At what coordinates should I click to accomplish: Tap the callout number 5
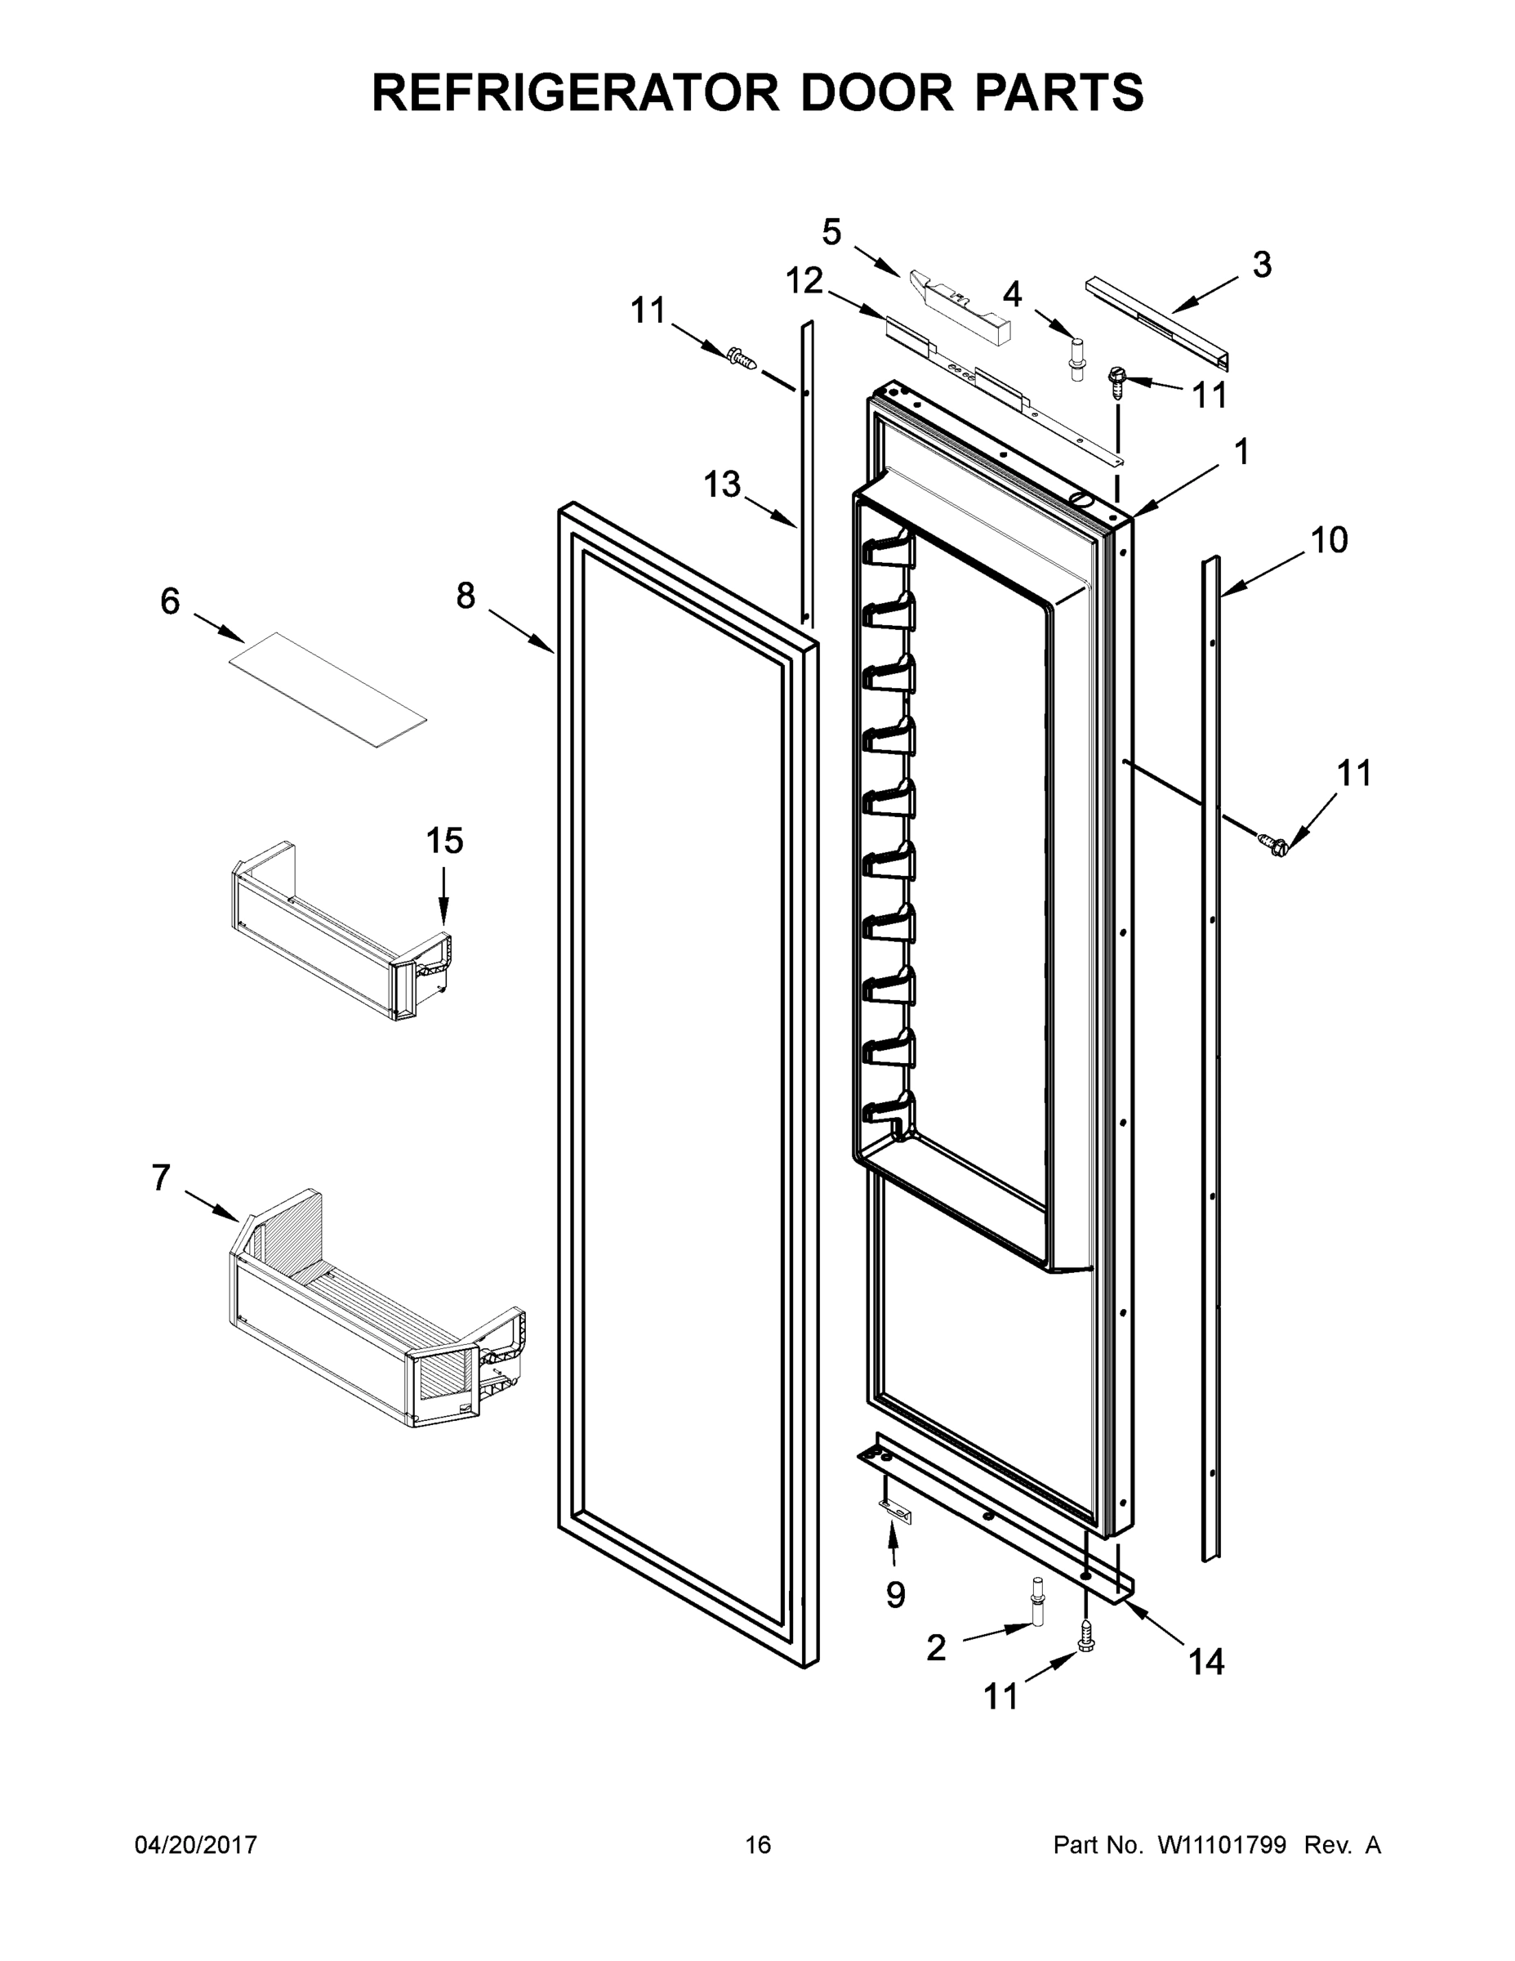click(831, 233)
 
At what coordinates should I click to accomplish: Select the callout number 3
click(1261, 265)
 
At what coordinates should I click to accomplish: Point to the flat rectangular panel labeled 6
click(328, 689)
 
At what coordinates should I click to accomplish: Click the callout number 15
click(444, 842)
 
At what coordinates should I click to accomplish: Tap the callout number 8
click(465, 596)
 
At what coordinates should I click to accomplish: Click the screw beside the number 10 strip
click(1272, 842)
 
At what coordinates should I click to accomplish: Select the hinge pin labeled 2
click(1038, 1616)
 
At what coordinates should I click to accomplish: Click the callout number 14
click(1205, 1662)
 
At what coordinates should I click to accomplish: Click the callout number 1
click(1241, 452)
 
